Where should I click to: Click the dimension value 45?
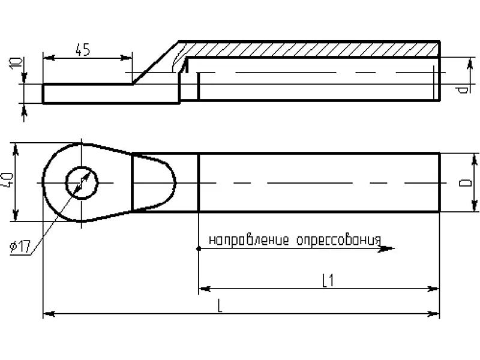click(83, 50)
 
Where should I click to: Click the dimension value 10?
click(16, 63)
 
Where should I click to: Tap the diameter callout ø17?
click(20, 247)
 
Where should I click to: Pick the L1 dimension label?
click(328, 281)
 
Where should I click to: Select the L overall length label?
click(220, 306)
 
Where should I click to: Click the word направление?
click(248, 241)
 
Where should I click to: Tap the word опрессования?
click(338, 241)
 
